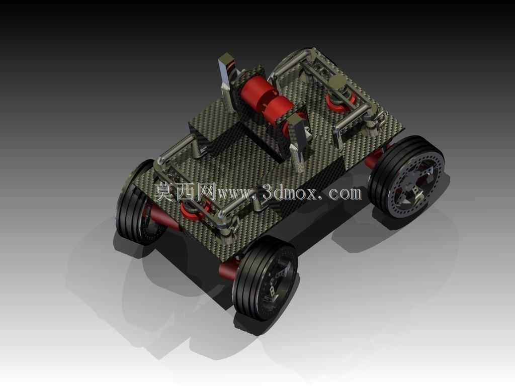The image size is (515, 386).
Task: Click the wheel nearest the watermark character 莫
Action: click(x=136, y=203)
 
